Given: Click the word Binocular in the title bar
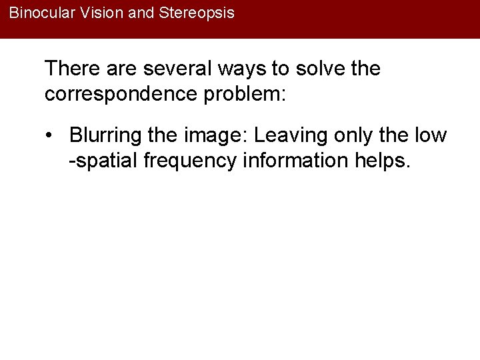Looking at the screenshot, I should coord(38,13).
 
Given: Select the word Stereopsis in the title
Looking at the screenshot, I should coord(197,13).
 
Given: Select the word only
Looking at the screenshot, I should coord(355,135).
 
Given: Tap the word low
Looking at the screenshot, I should coord(431,135).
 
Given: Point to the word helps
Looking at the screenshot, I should coord(381,161).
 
